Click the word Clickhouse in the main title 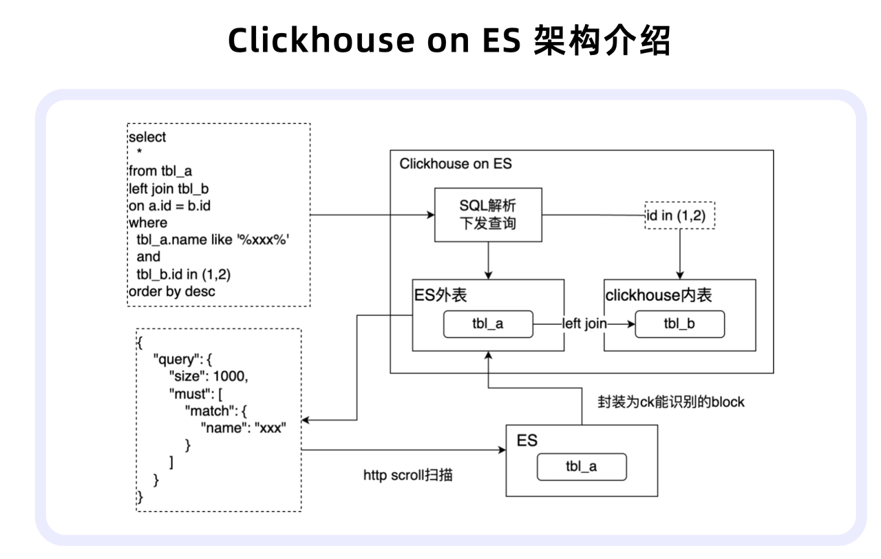coord(321,40)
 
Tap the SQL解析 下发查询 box coord(488,215)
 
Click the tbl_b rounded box coord(679,324)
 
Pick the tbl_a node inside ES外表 coord(488,324)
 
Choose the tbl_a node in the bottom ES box coord(582,467)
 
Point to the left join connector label coord(584,324)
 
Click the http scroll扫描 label coord(408,475)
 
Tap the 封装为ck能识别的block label coord(671,402)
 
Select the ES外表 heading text coord(440,295)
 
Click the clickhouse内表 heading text coord(659,295)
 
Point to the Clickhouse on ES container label coord(456,164)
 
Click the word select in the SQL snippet coord(147,137)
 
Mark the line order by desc coord(172,291)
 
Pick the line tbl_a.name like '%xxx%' coord(213,240)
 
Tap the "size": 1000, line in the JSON coord(209,377)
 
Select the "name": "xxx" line coord(244,428)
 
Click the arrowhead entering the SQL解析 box coord(431,215)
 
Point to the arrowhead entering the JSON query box coord(306,420)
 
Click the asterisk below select coord(139,151)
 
